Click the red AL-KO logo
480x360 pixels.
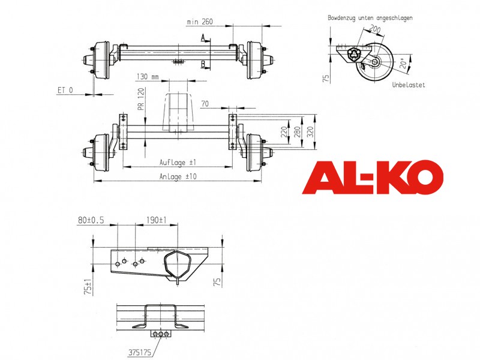[373, 177]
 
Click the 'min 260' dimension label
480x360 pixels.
[200, 22]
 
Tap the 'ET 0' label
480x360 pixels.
[65, 90]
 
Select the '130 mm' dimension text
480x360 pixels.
[148, 76]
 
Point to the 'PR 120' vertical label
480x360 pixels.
[141, 99]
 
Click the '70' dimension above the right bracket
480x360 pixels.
[205, 104]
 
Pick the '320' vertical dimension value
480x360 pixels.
[310, 131]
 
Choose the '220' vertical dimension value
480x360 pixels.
[284, 132]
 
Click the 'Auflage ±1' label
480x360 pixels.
[178, 162]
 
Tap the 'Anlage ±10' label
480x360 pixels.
[178, 176]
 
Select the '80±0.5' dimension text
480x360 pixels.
[91, 220]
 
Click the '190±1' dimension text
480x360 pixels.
[156, 220]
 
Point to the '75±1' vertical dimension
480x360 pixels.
[88, 287]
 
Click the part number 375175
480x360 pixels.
[140, 353]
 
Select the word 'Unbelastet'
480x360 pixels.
[409, 85]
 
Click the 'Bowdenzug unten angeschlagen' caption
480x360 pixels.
[370, 18]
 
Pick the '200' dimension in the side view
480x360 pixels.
[374, 29]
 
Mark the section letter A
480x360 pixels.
[203, 38]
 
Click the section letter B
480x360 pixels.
[203, 64]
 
